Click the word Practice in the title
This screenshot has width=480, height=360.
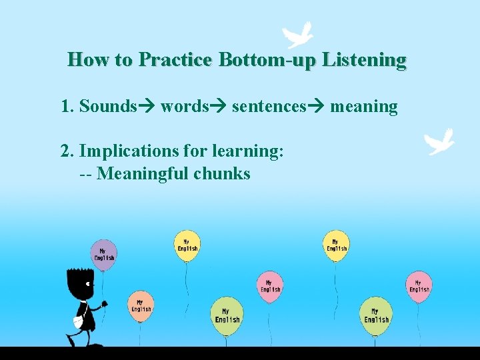tap(175, 60)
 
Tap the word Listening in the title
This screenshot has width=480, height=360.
tap(363, 60)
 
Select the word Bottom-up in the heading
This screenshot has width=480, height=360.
tap(267, 61)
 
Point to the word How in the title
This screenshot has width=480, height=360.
tap(89, 60)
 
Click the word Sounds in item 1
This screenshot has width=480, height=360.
tap(107, 106)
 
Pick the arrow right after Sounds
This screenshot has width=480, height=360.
tap(147, 107)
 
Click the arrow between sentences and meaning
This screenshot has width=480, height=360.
tap(316, 107)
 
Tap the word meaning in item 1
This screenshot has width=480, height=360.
tap(363, 107)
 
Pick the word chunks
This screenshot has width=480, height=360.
tap(222, 174)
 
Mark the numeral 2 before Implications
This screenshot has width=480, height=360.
tap(65, 151)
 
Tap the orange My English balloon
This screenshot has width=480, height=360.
tap(141, 306)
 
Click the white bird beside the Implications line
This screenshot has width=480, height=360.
tap(440, 141)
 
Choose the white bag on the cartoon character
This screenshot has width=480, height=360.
tap(78, 321)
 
